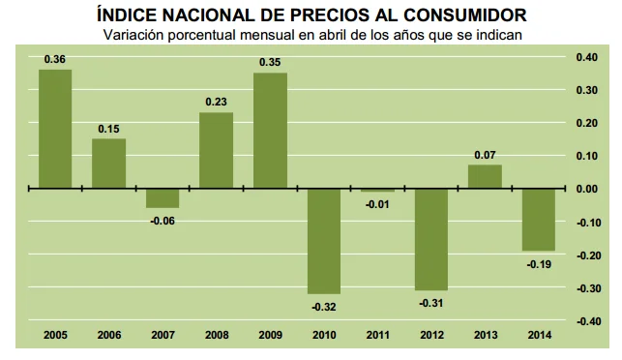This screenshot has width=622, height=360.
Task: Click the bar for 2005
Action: [55, 129]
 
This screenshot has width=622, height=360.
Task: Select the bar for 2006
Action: [108, 164]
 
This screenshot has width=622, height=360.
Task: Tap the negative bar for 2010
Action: [323, 241]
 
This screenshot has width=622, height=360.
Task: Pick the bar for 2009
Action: [270, 131]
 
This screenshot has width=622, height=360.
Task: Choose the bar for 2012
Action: [431, 239]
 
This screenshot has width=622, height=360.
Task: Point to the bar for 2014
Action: [539, 220]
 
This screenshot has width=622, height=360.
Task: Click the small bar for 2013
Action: [485, 177]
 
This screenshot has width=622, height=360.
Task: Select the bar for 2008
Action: [216, 150]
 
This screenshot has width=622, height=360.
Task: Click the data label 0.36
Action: [55, 60]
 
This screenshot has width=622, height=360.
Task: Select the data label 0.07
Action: [485, 155]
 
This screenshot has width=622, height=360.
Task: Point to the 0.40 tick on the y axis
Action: [588, 57]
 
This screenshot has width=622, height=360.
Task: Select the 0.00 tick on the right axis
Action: [588, 189]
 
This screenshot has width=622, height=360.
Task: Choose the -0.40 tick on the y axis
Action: [587, 321]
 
